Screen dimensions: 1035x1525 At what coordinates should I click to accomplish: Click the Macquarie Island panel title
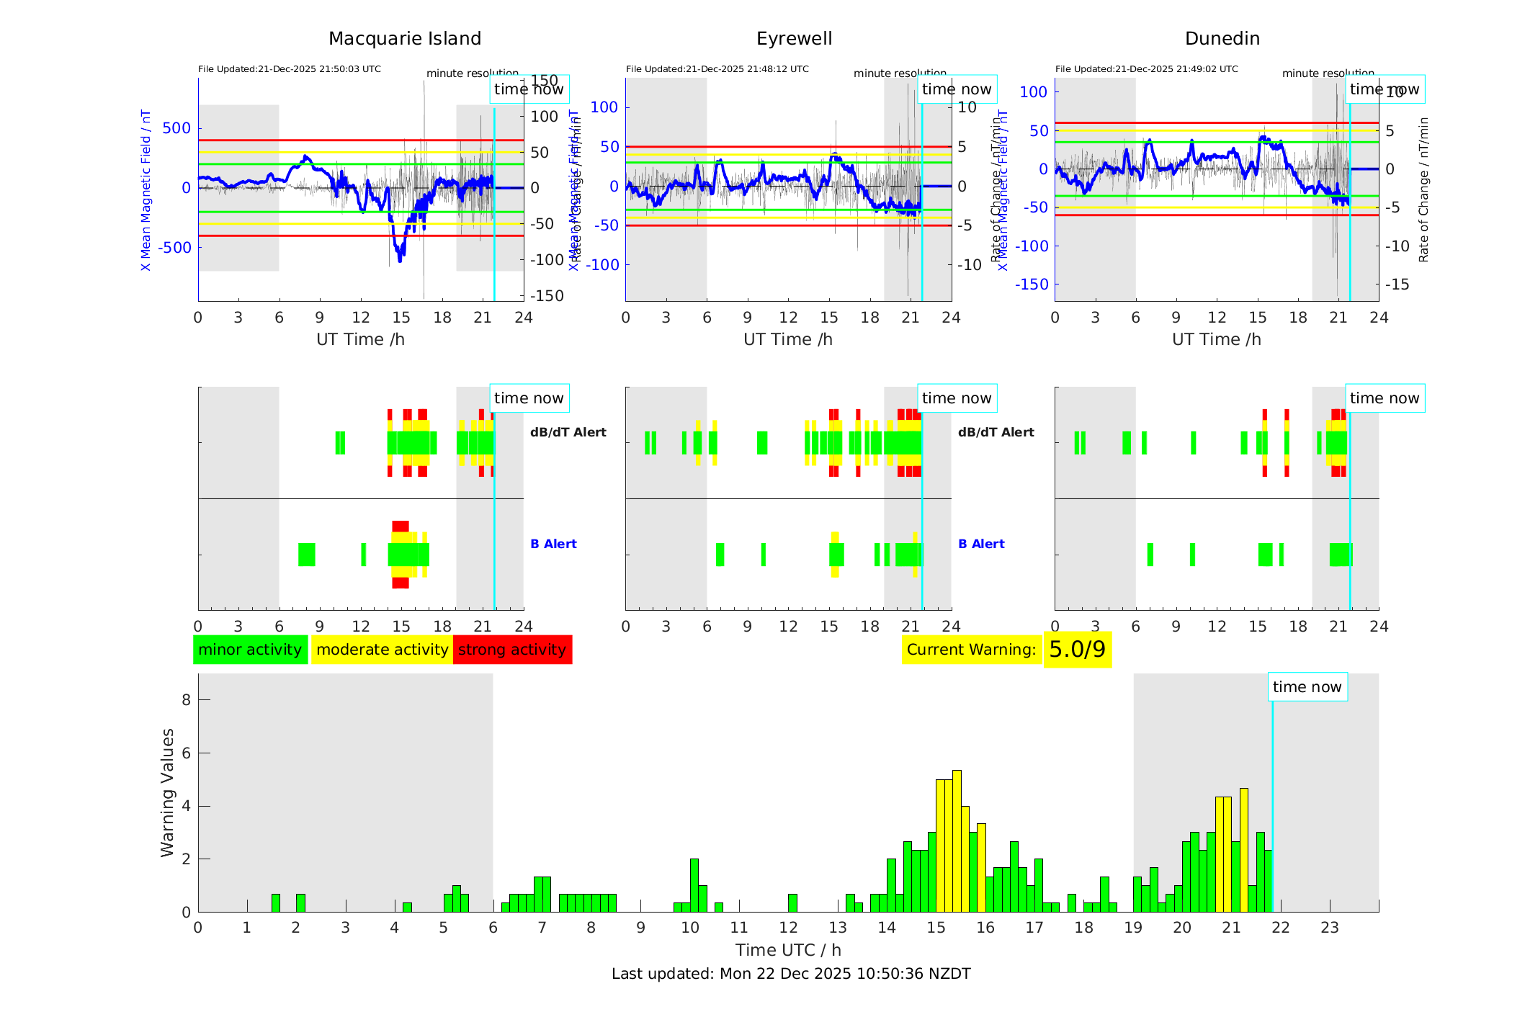pos(404,39)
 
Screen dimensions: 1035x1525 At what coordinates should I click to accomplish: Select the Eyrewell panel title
pos(794,39)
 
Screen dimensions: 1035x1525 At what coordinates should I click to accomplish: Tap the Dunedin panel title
pos(1222,39)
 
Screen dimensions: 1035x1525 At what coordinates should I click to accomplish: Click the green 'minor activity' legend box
pos(250,650)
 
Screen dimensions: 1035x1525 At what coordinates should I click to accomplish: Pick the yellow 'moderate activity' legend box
pos(382,650)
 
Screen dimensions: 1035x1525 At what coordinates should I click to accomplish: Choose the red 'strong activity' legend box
pos(512,650)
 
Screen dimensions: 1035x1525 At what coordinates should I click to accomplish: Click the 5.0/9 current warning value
pos(1077,650)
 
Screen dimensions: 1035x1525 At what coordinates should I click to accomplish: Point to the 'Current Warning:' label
pos(971,650)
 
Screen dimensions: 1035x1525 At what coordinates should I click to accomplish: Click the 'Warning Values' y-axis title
pos(167,792)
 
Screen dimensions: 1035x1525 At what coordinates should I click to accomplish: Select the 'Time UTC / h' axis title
pos(788,950)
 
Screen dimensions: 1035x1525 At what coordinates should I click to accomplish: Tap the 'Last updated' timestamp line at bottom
pos(791,974)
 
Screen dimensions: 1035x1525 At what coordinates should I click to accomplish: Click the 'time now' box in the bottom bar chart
pos(1307,687)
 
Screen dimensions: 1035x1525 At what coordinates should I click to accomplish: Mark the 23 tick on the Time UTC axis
pos(1329,928)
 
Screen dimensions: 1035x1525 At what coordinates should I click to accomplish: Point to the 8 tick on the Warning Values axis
pos(187,699)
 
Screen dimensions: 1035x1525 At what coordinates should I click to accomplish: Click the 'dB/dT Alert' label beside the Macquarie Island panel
pos(568,432)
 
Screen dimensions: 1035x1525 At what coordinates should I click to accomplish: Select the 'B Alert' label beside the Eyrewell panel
pos(981,544)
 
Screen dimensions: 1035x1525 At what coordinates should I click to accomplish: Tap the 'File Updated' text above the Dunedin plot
pos(1146,69)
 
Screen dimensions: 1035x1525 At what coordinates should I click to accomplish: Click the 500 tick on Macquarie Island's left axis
pos(176,128)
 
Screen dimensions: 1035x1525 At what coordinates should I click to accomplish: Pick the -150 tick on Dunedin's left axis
pos(1032,284)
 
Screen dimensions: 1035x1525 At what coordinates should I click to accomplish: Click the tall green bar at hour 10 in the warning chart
pos(694,885)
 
